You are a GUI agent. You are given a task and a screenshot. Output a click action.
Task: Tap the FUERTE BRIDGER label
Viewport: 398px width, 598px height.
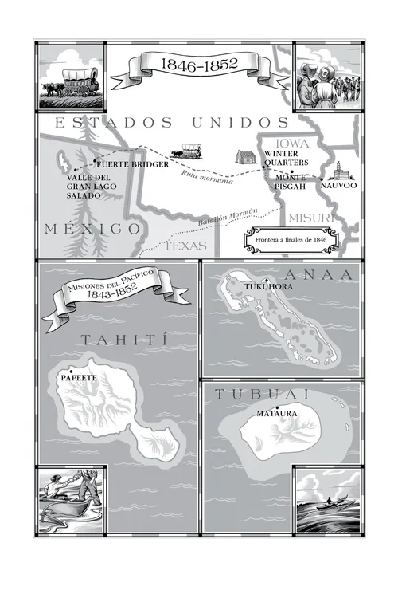(x=132, y=164)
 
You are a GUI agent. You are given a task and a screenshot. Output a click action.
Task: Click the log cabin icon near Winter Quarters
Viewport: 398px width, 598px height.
(x=244, y=158)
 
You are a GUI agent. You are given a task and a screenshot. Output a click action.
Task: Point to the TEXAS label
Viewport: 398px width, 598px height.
(x=185, y=246)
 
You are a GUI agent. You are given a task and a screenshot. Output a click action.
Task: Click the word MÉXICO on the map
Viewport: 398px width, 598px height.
(x=93, y=229)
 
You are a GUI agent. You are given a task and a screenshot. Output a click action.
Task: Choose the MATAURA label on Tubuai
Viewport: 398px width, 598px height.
(x=277, y=414)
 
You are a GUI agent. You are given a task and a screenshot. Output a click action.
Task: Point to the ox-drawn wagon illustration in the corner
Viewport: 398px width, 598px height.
(x=72, y=77)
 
